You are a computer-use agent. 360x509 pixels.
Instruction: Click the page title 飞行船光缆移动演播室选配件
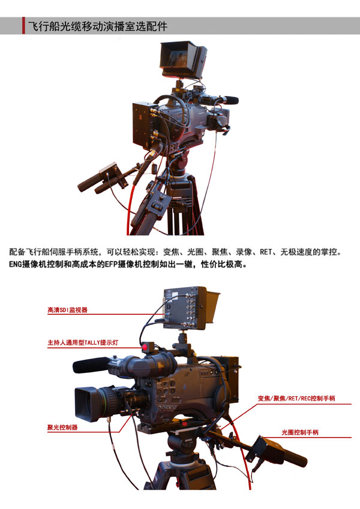pos(97,26)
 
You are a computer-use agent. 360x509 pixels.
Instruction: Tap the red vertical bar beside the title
pos(23,26)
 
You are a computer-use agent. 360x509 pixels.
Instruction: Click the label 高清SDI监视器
pos(67,310)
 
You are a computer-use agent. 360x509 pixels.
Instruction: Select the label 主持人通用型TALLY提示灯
pos(83,342)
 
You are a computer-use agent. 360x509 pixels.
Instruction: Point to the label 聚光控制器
pos(62,427)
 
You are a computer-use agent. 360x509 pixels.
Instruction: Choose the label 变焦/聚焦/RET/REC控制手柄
pos(296,398)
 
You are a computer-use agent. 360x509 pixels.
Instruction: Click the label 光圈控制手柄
pos(300,432)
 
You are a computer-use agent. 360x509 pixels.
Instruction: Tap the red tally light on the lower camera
pos(145,348)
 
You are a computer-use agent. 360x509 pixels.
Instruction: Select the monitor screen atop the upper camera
pos(178,59)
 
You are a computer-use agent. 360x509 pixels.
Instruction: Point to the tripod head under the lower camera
pos(182,445)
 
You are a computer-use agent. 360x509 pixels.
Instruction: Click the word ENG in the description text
pos(15,264)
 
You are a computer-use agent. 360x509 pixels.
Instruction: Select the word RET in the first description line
pos(265,252)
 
